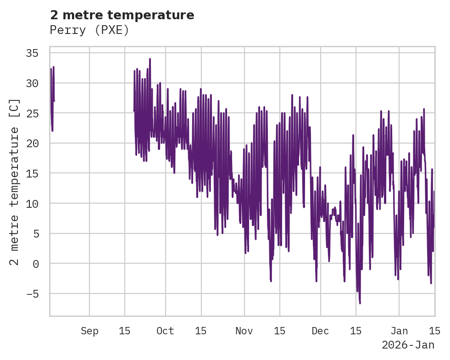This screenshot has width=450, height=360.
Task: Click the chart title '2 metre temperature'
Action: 122,15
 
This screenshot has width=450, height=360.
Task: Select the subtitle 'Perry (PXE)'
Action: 89,30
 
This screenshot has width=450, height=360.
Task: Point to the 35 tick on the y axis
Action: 32,53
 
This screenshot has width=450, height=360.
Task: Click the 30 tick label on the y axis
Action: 32,83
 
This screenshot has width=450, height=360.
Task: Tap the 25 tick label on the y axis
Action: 32,113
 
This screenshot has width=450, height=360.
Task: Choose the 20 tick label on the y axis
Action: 32,144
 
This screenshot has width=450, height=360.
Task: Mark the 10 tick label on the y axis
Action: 32,204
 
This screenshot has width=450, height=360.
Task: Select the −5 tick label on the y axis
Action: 32,294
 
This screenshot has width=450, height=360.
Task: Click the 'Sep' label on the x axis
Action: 89,331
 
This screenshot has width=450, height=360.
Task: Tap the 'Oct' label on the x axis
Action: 165,331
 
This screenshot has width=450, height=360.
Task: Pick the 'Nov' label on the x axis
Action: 244,331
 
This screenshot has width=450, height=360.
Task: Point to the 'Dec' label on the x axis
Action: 320,331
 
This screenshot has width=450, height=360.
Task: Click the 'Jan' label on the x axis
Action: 399,331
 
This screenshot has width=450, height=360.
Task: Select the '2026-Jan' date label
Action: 408,345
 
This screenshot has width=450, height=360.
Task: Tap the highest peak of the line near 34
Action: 150,59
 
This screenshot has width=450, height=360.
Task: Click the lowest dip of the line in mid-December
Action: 360,303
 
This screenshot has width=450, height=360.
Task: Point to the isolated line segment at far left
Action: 52,99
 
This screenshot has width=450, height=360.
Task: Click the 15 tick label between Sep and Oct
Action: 125,331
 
